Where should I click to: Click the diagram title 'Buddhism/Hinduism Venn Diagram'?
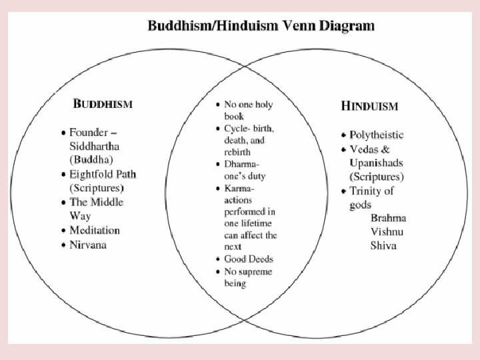[261, 27]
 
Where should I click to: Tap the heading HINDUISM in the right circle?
[370, 106]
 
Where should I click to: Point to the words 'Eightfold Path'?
[103, 175]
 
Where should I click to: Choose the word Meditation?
[95, 230]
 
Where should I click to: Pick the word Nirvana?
[88, 245]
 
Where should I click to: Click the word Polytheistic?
[377, 135]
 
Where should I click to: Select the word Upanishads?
[376, 163]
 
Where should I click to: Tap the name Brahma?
[389, 218]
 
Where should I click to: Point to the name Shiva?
[383, 245]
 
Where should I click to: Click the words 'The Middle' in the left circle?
[97, 202]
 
